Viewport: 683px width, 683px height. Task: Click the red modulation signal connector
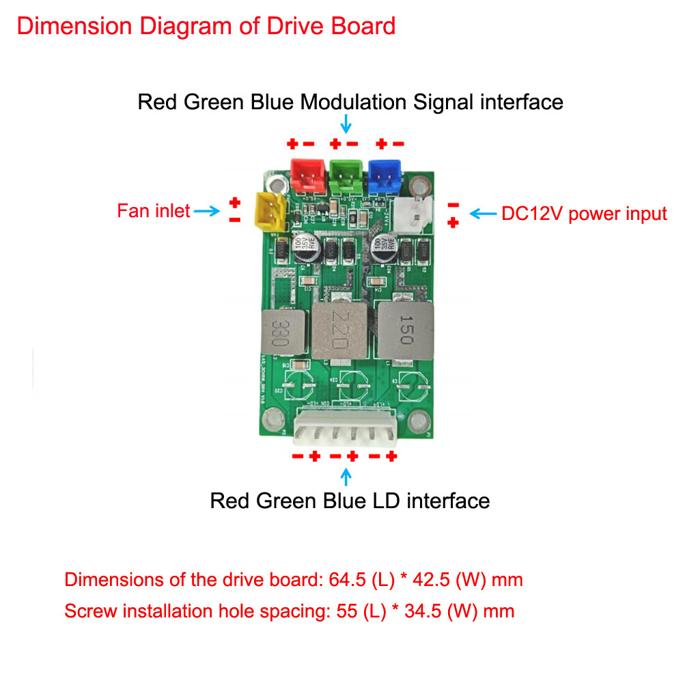click(x=305, y=176)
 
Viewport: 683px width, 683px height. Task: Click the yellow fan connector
click(x=270, y=211)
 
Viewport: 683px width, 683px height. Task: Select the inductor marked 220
click(x=339, y=329)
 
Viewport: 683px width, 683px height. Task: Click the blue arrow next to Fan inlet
click(x=206, y=212)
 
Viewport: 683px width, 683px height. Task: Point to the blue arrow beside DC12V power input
click(x=484, y=214)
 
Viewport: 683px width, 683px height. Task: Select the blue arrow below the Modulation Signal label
click(x=346, y=124)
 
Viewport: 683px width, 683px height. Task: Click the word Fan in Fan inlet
click(x=133, y=211)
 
